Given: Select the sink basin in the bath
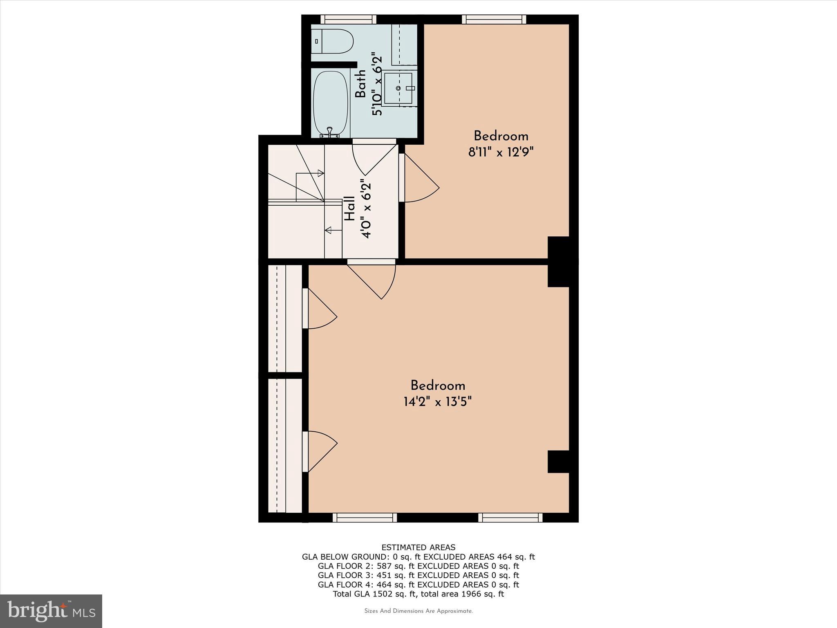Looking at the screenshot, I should (398, 88).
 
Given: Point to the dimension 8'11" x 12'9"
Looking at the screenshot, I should (501, 153).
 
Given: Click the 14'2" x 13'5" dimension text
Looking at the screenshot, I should (438, 402).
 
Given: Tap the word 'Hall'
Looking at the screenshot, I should (350, 209).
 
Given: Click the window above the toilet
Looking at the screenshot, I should (348, 19).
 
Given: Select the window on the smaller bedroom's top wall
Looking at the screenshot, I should (494, 19).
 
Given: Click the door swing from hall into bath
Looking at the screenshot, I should (372, 157).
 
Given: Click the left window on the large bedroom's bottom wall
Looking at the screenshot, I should (365, 518).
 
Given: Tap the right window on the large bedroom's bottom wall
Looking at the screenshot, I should (510, 518).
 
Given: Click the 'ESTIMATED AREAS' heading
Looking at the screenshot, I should (418, 547).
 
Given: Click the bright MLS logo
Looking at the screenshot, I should (51, 611).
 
